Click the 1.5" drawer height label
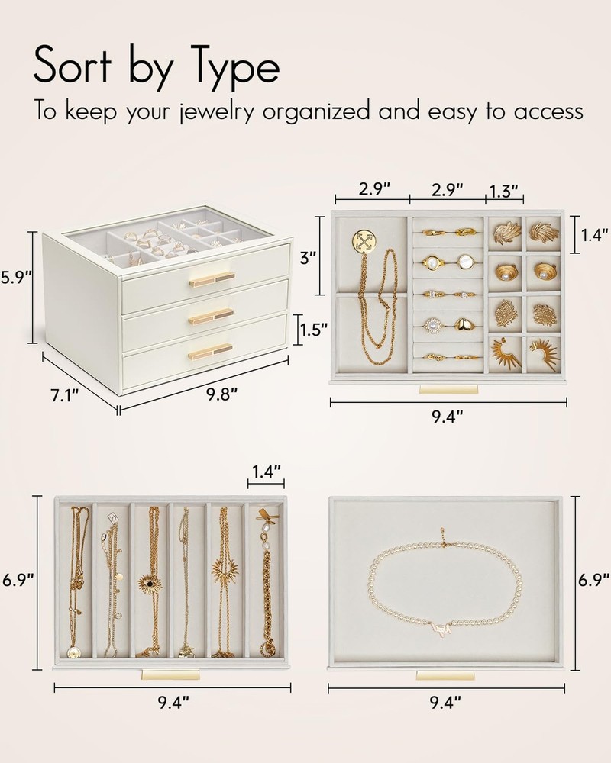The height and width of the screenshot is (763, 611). (313, 330)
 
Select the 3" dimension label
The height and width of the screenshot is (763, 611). (305, 257)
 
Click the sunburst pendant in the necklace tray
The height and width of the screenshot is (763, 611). (224, 569)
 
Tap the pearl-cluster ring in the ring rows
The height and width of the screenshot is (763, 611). (432, 324)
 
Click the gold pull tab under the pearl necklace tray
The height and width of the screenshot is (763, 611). (445, 676)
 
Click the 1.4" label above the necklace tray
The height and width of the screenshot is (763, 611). (266, 471)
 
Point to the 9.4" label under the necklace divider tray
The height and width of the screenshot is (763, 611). (173, 702)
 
